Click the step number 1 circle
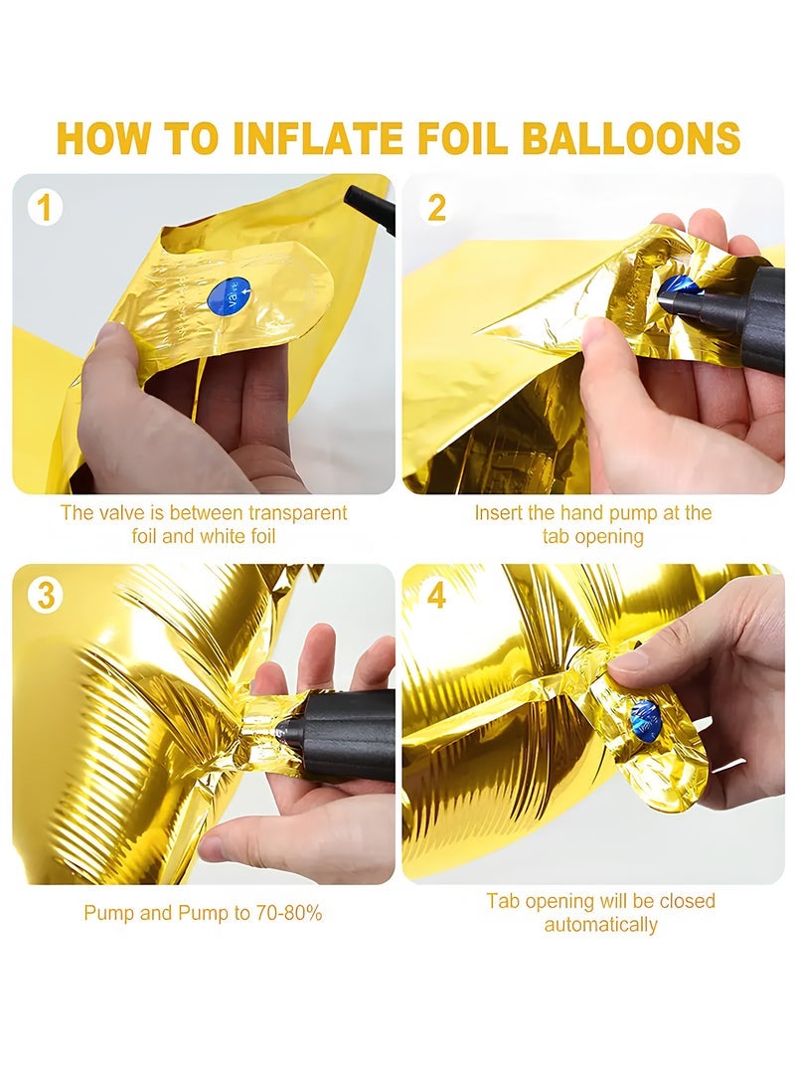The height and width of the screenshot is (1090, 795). (x=45, y=208)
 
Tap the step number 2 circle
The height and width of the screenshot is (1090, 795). (x=436, y=208)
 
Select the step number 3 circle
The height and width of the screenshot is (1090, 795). (x=45, y=596)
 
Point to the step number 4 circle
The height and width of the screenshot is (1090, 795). (x=436, y=596)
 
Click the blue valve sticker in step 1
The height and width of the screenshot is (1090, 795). (x=230, y=295)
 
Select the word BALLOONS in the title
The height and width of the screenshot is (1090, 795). (x=630, y=138)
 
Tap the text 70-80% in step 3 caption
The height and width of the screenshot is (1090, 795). (x=289, y=913)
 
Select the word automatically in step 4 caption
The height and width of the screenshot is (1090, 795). (x=600, y=925)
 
